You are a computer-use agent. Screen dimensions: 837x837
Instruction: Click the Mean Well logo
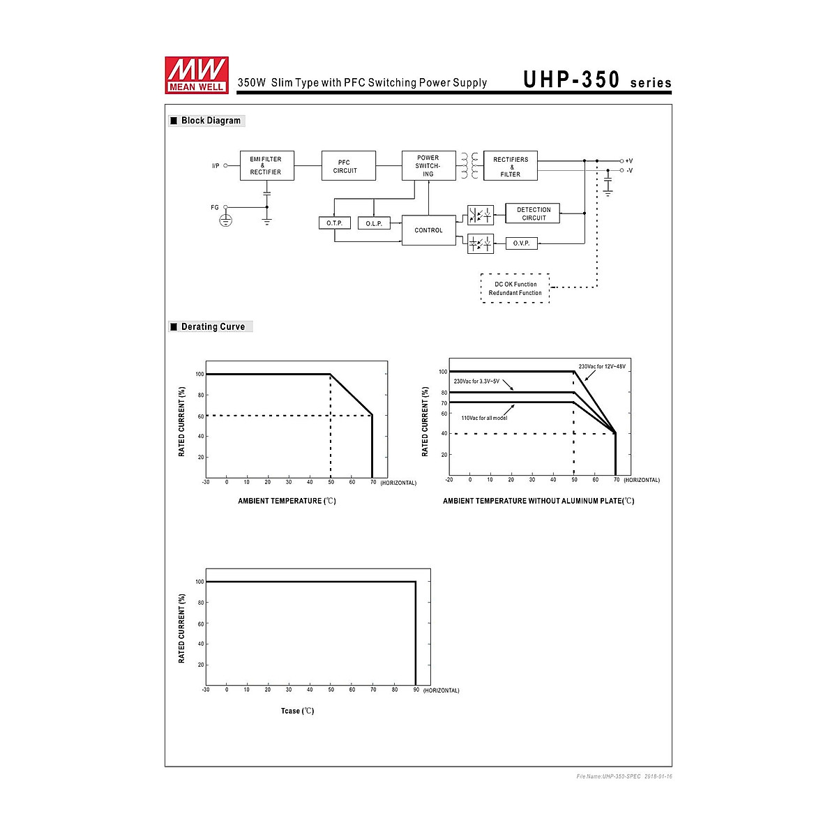point(196,75)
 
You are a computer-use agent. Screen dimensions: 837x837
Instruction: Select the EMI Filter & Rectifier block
point(266,165)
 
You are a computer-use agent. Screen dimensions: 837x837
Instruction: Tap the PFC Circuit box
point(348,165)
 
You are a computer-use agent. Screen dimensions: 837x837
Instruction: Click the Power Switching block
point(429,165)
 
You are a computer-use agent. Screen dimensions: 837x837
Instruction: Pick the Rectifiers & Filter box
point(511,165)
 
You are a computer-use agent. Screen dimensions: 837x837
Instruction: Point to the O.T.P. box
point(335,223)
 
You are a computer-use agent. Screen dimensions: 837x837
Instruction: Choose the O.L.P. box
point(374,223)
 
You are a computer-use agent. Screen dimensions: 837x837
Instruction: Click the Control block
point(429,230)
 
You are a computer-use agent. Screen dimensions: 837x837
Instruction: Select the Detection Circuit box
point(532,213)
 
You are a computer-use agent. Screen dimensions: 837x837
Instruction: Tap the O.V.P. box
point(522,243)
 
